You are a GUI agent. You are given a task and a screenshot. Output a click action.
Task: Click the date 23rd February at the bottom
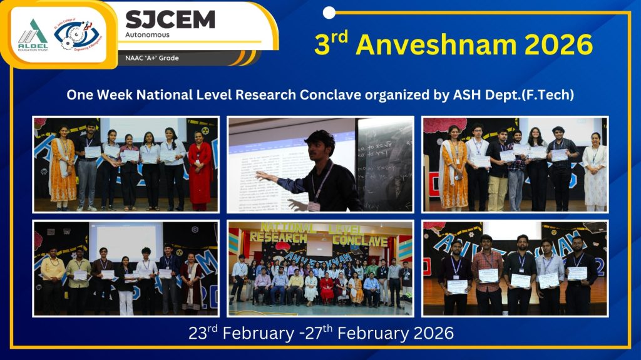[x=241, y=332]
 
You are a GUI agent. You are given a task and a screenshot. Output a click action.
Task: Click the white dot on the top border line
[x=329, y=13]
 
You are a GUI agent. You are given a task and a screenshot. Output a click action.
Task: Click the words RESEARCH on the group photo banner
[x=279, y=237]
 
